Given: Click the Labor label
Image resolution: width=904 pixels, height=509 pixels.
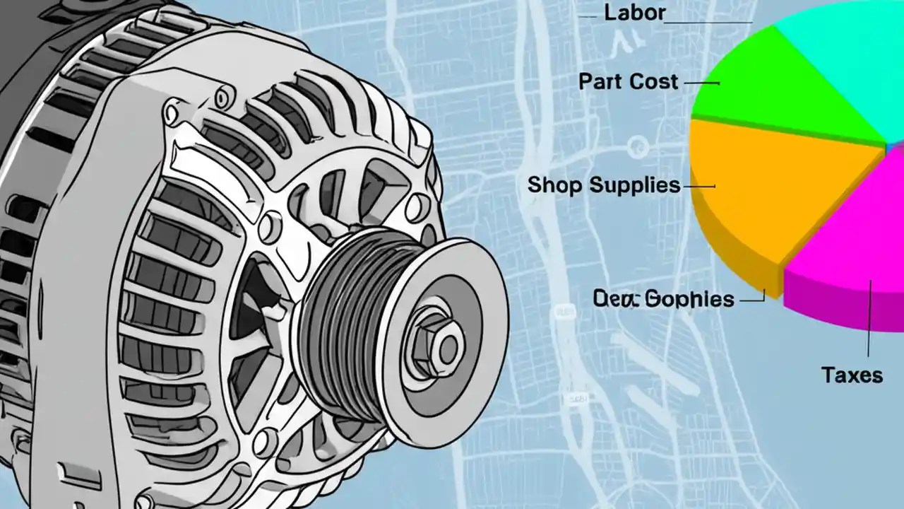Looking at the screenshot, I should pos(634,13).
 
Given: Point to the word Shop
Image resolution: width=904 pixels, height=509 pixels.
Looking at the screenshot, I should pos(555,185).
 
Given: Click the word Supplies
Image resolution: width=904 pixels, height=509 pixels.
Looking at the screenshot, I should pos(635,186).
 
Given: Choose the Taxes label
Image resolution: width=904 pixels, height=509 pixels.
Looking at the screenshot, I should pos(852,375).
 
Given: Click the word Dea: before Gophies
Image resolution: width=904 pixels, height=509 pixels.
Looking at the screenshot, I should pos(615,298).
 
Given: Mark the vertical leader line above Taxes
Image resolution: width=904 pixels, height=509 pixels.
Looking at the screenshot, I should pos(869,318).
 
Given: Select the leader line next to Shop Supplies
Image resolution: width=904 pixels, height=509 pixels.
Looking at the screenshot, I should pos(698,187).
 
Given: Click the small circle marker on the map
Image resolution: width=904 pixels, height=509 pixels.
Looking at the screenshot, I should pos(637,146).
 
